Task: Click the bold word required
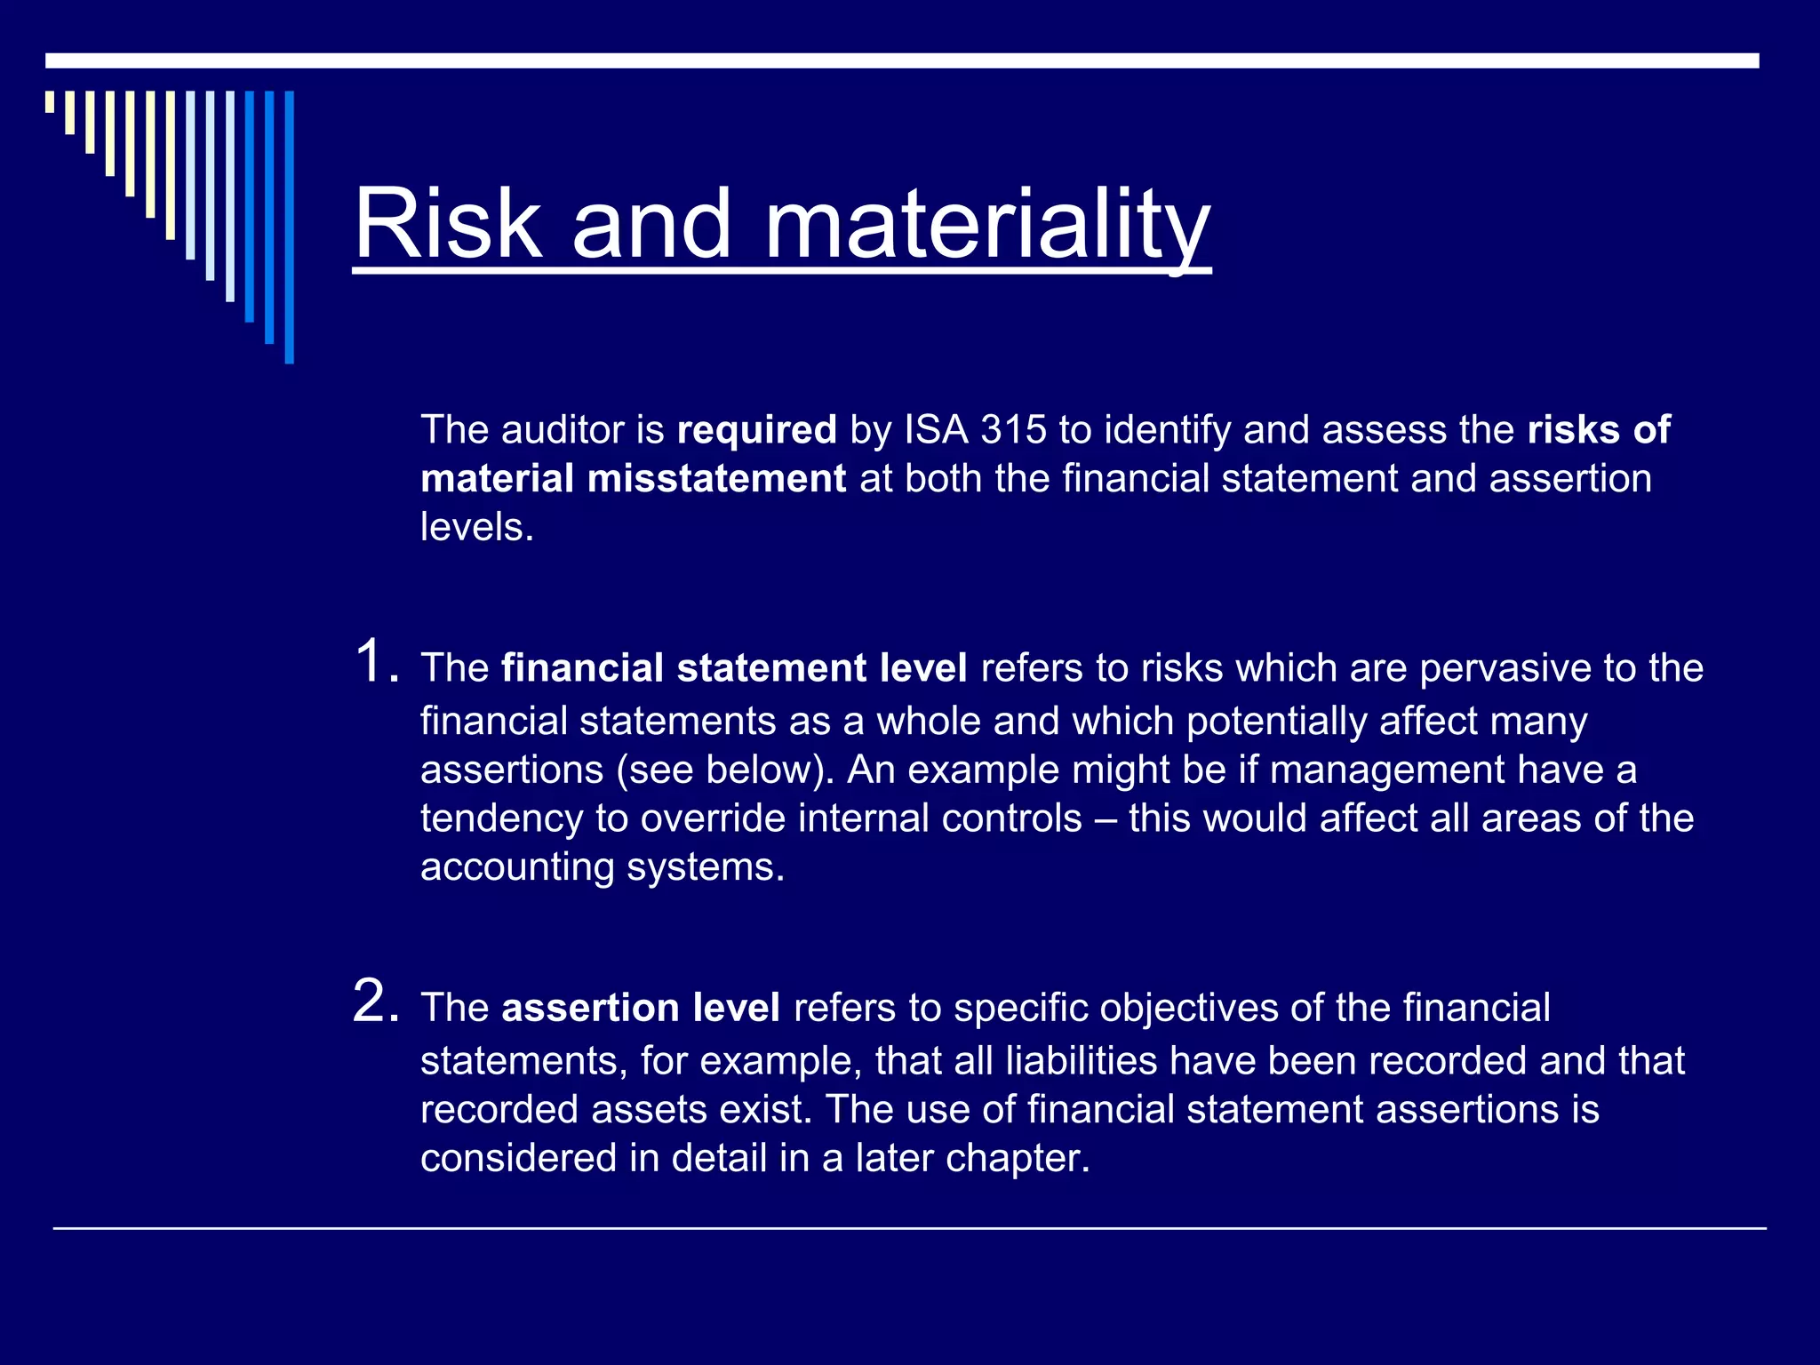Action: coord(756,430)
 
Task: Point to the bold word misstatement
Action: coord(716,479)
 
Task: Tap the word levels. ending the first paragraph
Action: coord(477,528)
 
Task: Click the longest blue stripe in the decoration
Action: coord(289,227)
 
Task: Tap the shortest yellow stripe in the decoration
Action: coord(50,101)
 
